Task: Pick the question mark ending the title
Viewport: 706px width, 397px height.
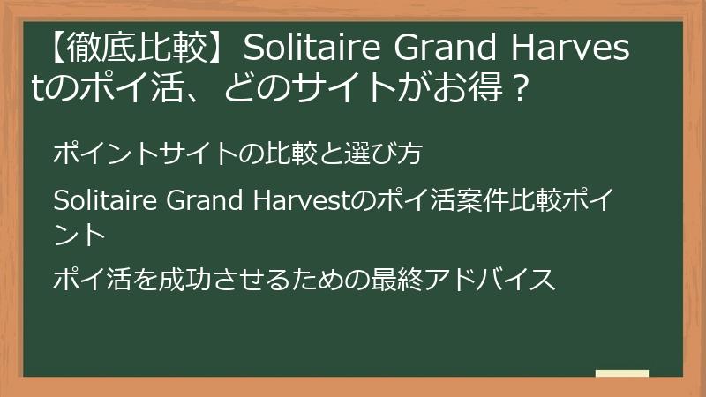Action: (520, 87)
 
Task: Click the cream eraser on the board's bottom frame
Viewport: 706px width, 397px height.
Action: (621, 373)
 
